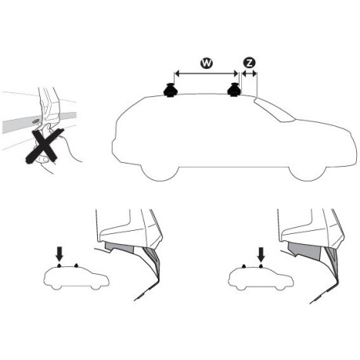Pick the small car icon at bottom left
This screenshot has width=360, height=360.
pos(76,276)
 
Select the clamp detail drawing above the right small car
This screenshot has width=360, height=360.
pos(313,243)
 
